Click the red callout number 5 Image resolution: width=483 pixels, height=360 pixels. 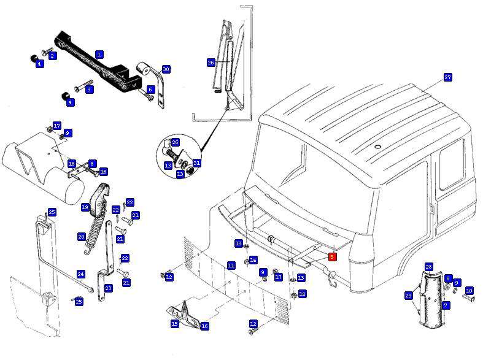[332, 256]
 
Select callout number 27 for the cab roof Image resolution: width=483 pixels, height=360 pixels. [447, 78]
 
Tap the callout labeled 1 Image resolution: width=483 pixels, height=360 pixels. [99, 55]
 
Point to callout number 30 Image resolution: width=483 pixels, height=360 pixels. [166, 69]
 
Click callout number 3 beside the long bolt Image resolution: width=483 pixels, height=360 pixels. [89, 90]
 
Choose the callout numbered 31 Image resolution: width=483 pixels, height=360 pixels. [196, 163]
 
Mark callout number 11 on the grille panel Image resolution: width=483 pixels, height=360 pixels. [231, 266]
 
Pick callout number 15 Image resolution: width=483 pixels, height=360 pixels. [175, 323]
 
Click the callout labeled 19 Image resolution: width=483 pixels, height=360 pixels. [85, 208]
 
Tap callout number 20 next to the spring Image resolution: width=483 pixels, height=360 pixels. [81, 237]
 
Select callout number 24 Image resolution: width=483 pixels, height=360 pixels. [80, 274]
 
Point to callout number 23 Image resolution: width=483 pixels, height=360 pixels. [108, 288]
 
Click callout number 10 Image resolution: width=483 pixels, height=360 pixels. [469, 291]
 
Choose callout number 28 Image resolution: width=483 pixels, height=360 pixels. [428, 267]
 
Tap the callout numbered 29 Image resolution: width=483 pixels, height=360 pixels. [408, 296]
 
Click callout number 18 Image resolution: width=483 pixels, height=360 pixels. [71, 164]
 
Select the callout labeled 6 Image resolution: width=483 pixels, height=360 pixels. [150, 90]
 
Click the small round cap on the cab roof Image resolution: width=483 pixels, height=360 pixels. [378, 147]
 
